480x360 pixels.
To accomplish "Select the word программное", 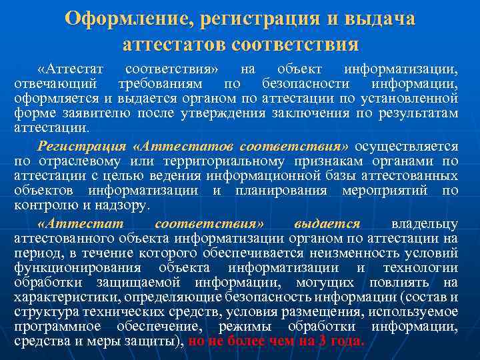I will [x=53, y=326].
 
